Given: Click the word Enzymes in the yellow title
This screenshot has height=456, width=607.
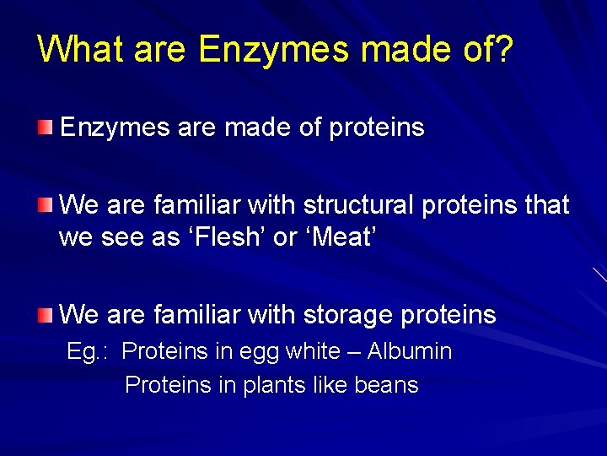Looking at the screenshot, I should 273,51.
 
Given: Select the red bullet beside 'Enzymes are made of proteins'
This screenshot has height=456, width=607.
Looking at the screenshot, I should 44,128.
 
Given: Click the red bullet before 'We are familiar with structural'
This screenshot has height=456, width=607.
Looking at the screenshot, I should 44,204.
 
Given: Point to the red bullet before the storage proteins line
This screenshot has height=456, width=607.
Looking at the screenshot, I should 44,315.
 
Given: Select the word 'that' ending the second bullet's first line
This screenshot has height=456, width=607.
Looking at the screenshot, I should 547,205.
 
